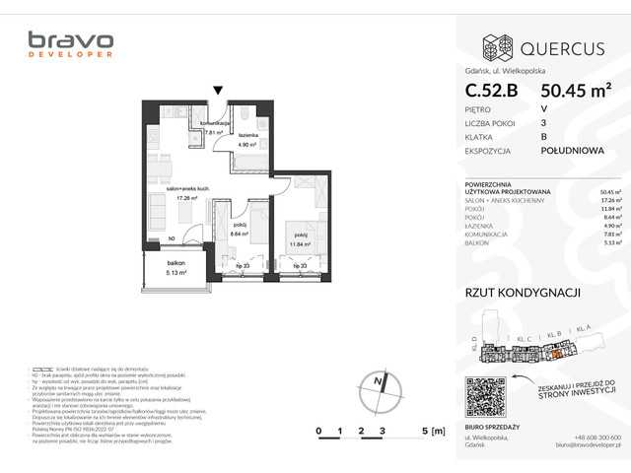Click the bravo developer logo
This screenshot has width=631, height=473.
pyautogui.click(x=70, y=45)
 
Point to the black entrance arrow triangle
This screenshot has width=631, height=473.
pyautogui.click(x=219, y=90)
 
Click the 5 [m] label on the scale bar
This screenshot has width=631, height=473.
pyautogui.click(x=430, y=431)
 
